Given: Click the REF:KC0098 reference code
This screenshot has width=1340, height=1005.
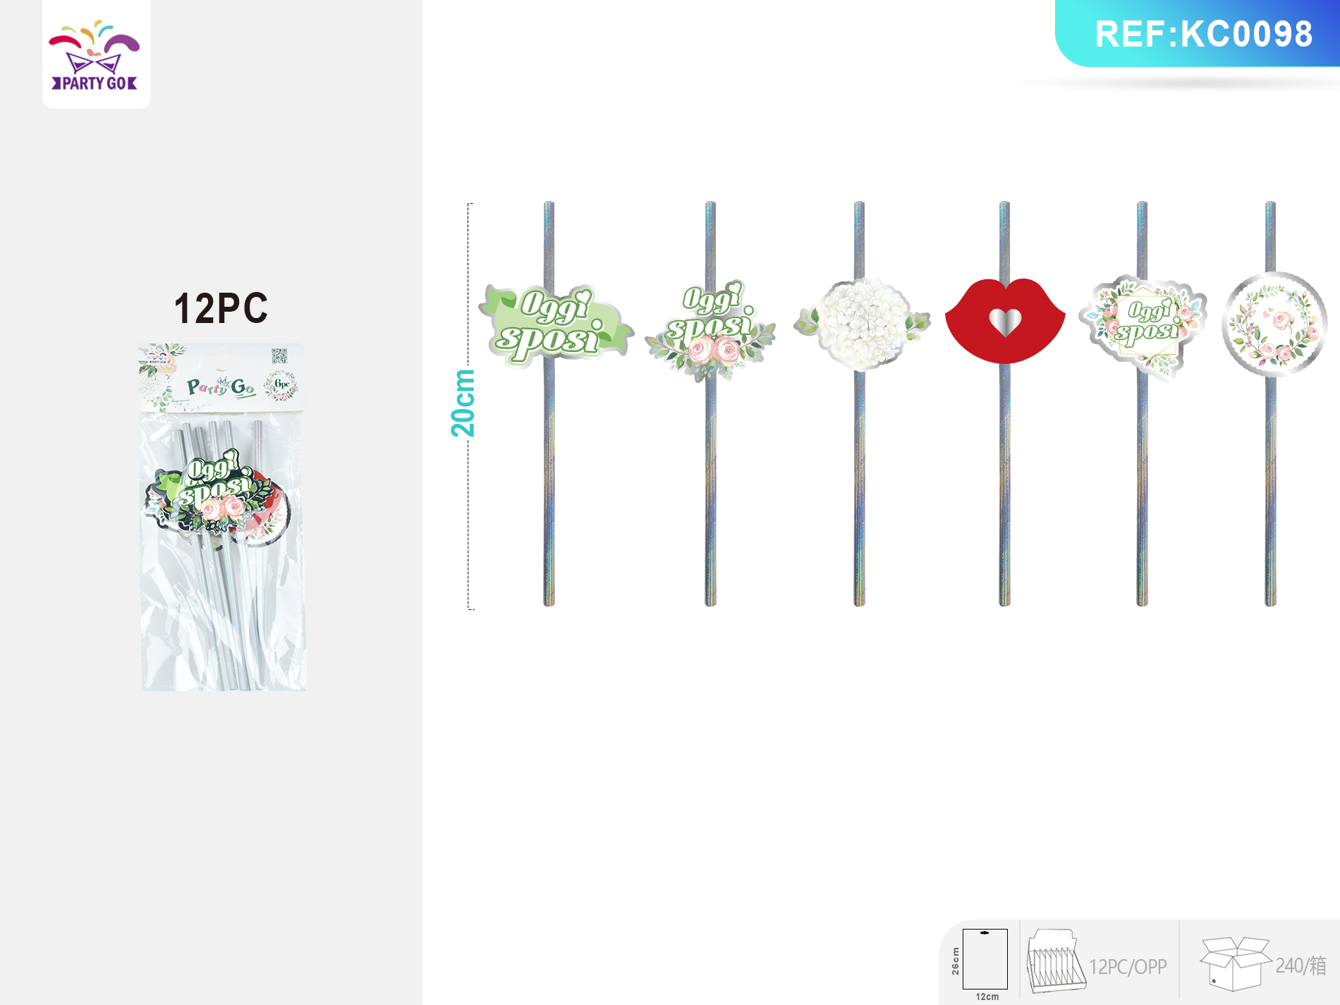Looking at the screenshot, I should coord(1203,34).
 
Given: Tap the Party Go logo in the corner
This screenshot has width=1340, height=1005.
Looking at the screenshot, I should coord(95,56).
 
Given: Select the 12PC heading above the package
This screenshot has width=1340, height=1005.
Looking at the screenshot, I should coord(221,308).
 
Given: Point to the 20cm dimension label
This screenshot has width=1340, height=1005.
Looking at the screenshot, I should coord(463,403).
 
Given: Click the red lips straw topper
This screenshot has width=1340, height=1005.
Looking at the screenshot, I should coord(1004,321).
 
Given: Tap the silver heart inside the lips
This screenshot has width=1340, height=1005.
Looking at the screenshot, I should coord(1004,322).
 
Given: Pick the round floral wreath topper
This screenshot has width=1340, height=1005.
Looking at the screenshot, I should coord(1274,324).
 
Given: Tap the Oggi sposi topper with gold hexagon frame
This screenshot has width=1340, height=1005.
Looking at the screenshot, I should coord(1145,325).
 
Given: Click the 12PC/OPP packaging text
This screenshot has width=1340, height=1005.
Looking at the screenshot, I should coord(1128,966).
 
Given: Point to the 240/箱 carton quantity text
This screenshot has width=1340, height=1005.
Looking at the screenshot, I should coord(1301,966).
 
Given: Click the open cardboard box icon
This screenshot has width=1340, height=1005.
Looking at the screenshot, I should coord(1234,963).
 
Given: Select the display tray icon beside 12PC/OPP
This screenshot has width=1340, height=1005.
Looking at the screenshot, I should coord(1055,961).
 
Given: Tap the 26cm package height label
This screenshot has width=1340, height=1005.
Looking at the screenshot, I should coord(956,961).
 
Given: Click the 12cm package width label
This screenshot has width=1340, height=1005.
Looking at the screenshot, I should coord(987,997).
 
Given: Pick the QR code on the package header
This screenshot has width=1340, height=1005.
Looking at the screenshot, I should coord(279,357).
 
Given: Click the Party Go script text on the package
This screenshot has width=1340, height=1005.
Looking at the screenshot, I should coord(221,386).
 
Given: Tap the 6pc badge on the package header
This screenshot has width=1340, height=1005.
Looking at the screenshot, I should coord(281,385).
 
